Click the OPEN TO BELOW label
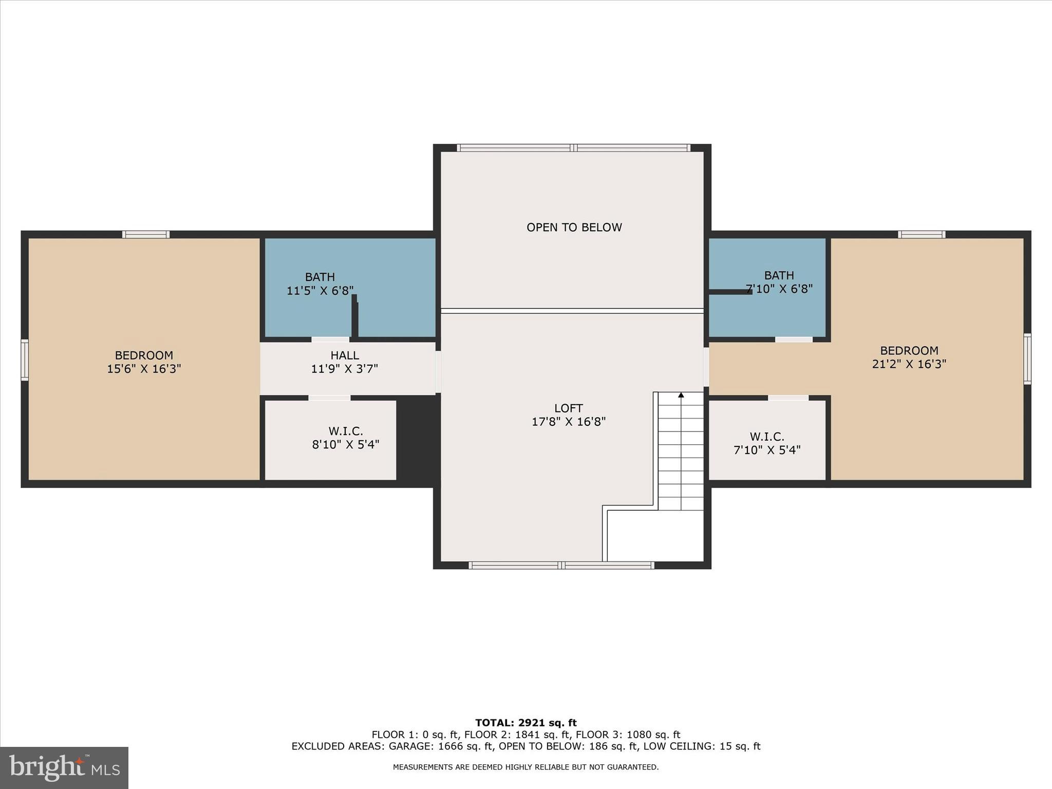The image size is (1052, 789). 574,227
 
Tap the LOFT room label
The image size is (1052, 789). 568,408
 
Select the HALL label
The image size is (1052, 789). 345,355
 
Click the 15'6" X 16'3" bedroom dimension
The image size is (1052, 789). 144,369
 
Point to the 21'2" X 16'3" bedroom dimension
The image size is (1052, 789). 909,364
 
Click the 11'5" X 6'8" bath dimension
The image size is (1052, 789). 320,291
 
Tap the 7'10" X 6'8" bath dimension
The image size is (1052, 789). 779,289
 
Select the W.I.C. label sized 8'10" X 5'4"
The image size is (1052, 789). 345,431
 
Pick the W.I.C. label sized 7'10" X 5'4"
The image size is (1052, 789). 766,437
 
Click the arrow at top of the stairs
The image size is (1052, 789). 681,395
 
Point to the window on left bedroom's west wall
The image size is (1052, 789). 24,360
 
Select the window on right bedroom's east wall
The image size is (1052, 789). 1027,359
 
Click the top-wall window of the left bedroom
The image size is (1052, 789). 146,235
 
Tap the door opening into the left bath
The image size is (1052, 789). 330,340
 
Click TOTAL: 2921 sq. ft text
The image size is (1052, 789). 525,723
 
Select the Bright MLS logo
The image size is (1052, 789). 64,767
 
